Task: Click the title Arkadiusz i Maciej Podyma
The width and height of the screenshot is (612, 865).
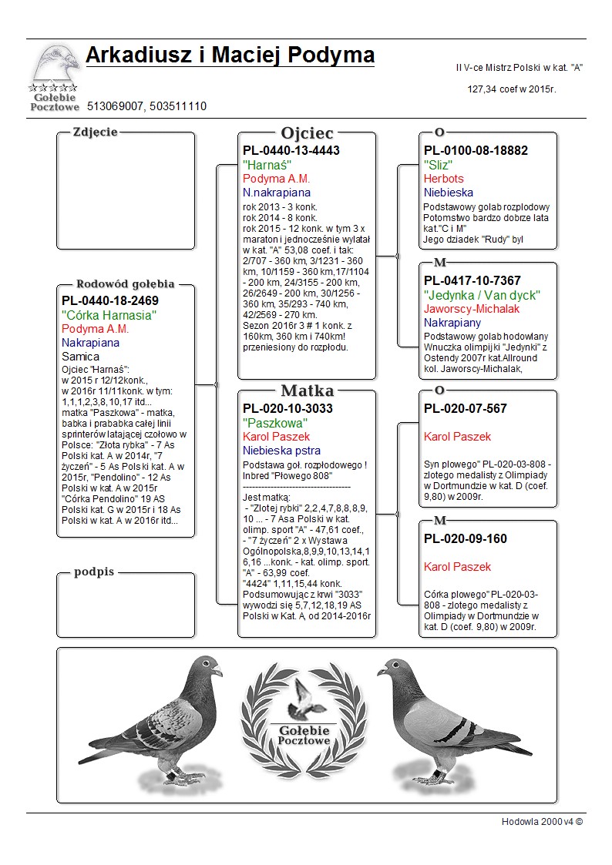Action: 230,55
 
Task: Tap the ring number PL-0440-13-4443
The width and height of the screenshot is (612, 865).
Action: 291,150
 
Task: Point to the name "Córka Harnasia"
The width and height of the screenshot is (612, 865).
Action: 109,315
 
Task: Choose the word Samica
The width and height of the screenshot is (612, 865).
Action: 80,357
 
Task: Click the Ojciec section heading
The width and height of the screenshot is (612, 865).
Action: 307,133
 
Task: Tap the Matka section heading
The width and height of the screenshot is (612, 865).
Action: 307,391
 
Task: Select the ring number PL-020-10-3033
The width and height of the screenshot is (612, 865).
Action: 288,408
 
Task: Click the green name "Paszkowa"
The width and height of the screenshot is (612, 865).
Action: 275,423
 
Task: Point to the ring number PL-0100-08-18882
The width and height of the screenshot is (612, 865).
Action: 476,150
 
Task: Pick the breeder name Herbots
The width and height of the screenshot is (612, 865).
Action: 442,179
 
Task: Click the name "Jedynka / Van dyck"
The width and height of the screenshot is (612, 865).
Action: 482,295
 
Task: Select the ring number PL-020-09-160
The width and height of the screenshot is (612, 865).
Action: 465,538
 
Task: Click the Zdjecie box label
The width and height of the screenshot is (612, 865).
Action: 95,132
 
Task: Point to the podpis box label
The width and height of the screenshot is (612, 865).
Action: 94,572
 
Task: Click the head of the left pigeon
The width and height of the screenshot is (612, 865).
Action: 207,667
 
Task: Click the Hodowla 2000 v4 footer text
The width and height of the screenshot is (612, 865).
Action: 542,821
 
